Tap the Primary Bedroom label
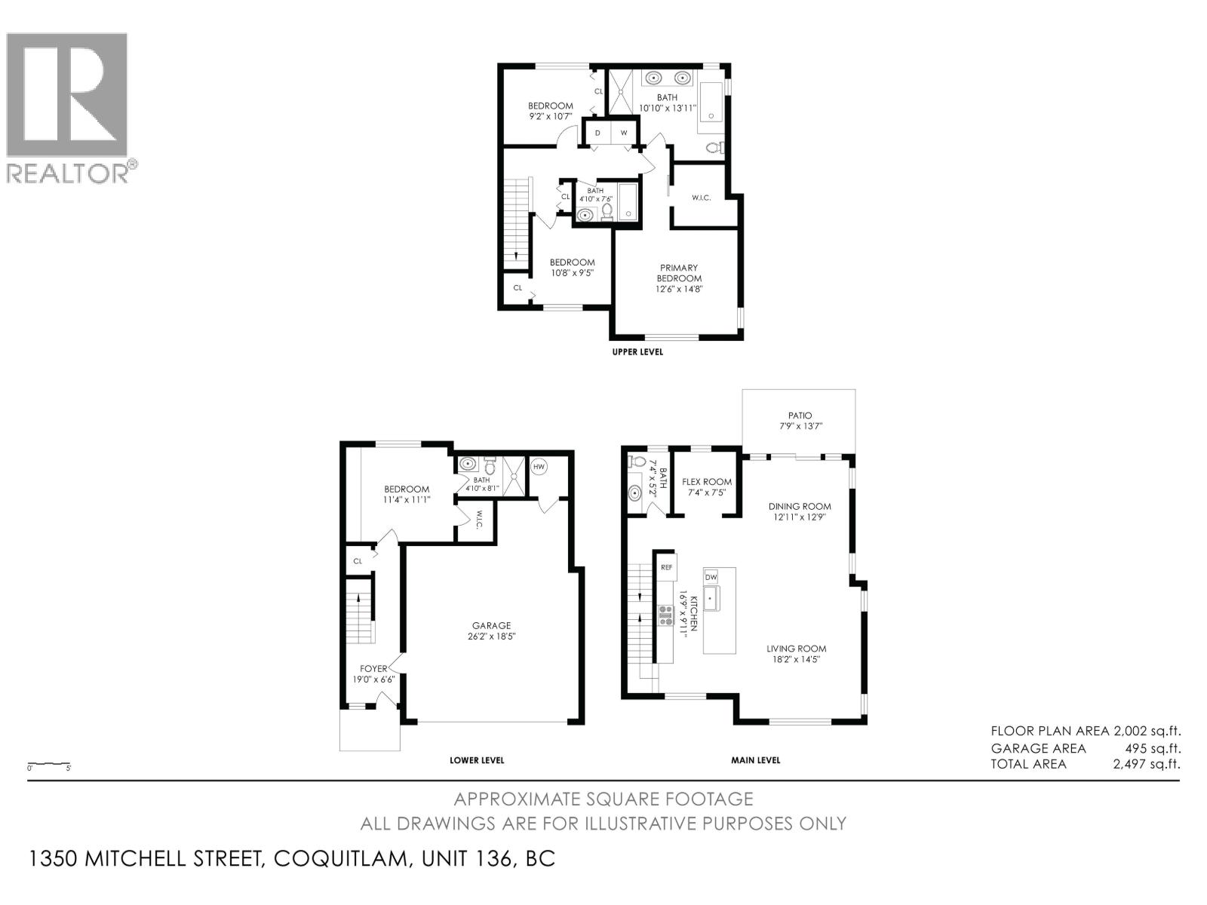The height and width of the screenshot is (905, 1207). [x=679, y=273]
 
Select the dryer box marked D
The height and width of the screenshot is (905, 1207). [x=598, y=133]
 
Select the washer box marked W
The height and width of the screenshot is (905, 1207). [x=624, y=133]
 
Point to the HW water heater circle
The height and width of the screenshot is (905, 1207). [x=539, y=467]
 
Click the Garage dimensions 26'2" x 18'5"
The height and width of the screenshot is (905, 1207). [x=491, y=636]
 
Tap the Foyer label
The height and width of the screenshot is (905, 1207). [x=373, y=668]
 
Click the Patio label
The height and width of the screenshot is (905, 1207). [x=800, y=416]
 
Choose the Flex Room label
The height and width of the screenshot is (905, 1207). [x=707, y=482]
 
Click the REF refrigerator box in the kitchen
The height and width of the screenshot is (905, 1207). [x=666, y=566]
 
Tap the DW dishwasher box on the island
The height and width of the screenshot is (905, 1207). [x=711, y=576]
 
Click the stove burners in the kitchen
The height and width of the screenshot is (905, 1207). [x=665, y=615]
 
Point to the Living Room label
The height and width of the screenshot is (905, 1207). [x=796, y=649]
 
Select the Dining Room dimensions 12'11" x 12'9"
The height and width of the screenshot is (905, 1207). [x=800, y=517]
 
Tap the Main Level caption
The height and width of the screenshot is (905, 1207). [x=755, y=760]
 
